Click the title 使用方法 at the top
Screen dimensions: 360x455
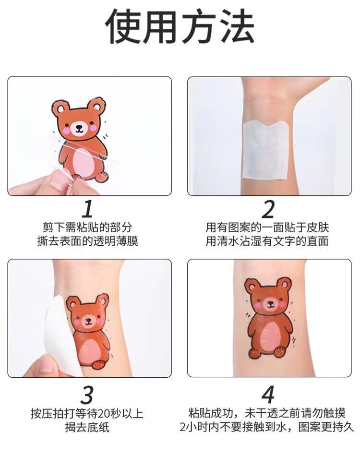tap(180, 27)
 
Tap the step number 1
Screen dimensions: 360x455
tap(87, 209)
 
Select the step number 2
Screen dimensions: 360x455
tap(268, 209)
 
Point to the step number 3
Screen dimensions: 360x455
tap(87, 395)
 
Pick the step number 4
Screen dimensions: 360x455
tap(268, 395)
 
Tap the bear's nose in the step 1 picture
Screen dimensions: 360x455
tap(78, 127)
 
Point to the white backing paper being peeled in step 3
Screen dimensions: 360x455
tap(61, 334)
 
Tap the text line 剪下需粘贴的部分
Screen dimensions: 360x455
tap(87, 227)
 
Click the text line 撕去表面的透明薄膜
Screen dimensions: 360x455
tap(87, 241)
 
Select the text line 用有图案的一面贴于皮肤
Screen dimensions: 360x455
tap(267, 227)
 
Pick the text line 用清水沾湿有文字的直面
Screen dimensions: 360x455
tap(267, 241)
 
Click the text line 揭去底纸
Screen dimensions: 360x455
tap(87, 428)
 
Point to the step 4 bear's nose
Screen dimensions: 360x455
tap(270, 303)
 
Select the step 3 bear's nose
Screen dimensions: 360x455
tap(88, 320)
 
